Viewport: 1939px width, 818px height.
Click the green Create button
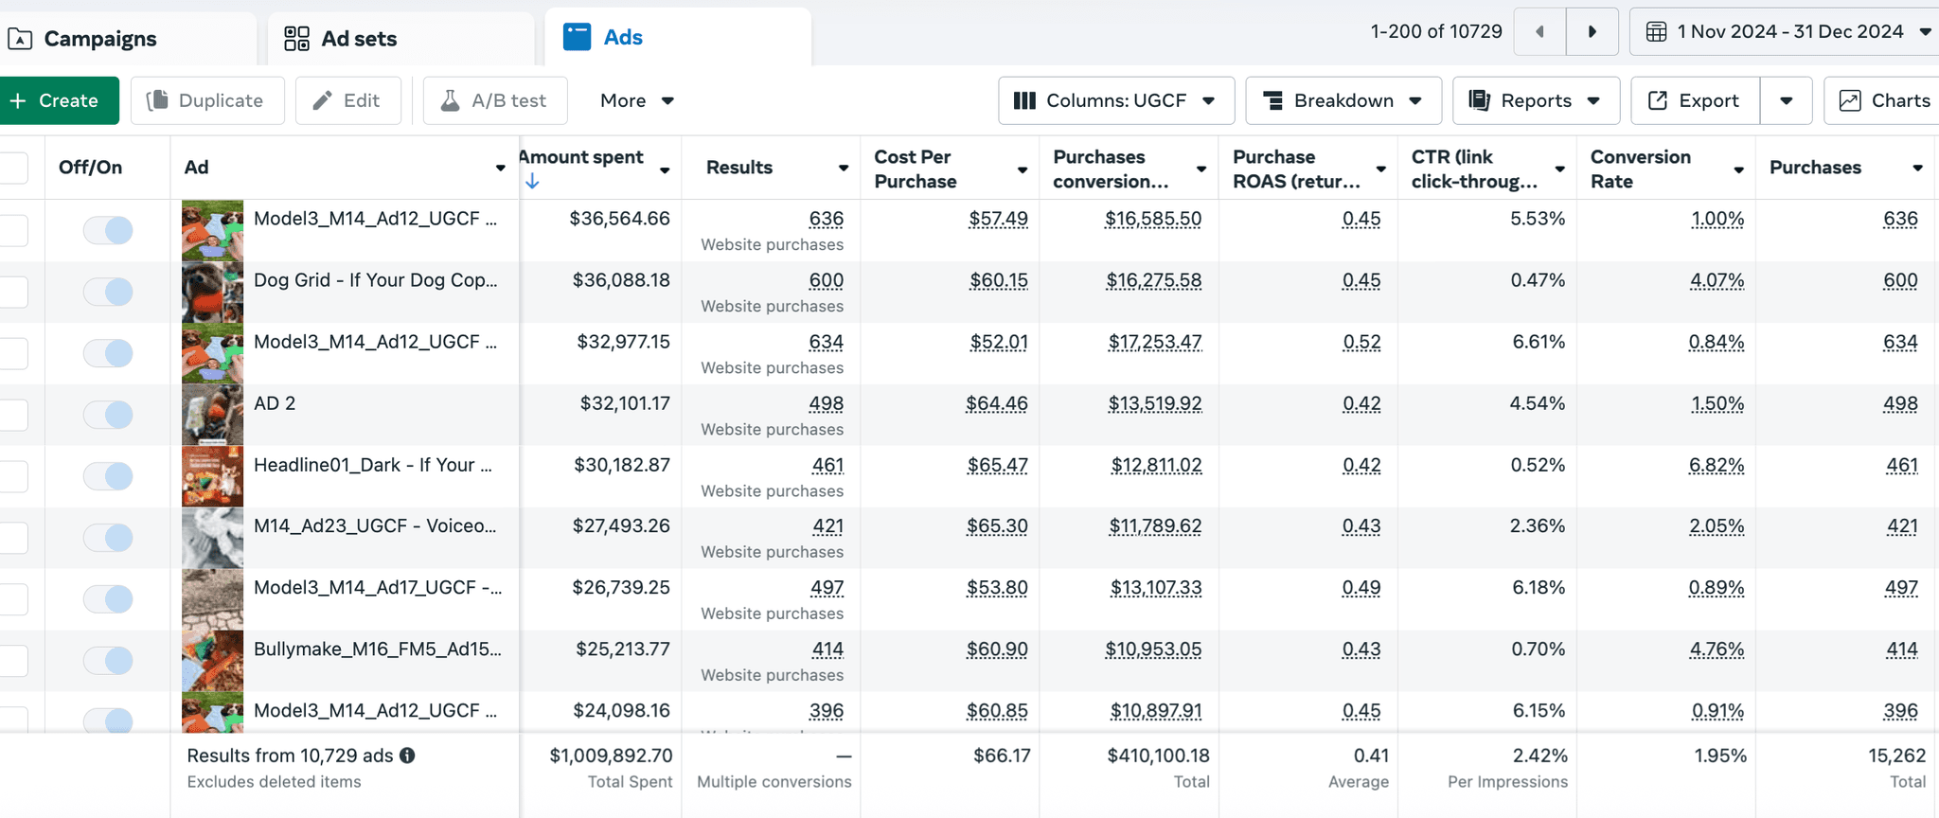[x=59, y=100]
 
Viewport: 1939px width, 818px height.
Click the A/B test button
[x=495, y=100]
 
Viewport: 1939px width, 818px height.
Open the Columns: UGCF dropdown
[x=1116, y=100]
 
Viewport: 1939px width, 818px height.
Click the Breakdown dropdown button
[x=1343, y=100]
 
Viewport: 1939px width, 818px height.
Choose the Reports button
[x=1536, y=100]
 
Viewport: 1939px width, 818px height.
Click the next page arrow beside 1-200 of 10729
[x=1592, y=31]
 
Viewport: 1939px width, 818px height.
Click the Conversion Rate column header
[x=1641, y=169]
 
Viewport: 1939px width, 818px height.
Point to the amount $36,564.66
[x=619, y=219]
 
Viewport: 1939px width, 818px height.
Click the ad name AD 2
[x=275, y=403]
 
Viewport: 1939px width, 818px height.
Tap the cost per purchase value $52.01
[x=999, y=342]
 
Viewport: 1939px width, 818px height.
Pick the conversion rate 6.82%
[x=1717, y=465]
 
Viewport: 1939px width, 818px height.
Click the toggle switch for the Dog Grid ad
[x=108, y=292]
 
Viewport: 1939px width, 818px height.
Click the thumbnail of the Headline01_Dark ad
[x=212, y=476]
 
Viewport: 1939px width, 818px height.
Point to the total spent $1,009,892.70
[x=611, y=756]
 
